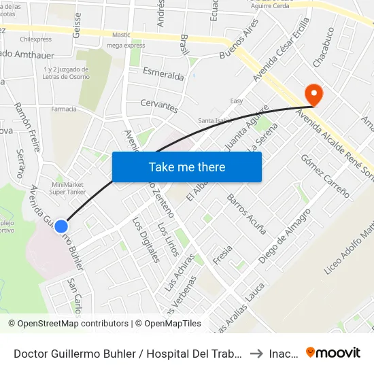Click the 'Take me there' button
(x=186, y=167)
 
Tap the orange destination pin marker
(x=314, y=95)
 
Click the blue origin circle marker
(x=61, y=226)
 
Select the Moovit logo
(x=333, y=353)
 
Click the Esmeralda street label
(x=163, y=73)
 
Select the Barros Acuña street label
(x=247, y=214)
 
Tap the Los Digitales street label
(x=146, y=240)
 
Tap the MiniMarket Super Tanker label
(x=66, y=188)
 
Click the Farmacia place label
(x=64, y=109)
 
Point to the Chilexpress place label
(x=36, y=39)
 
